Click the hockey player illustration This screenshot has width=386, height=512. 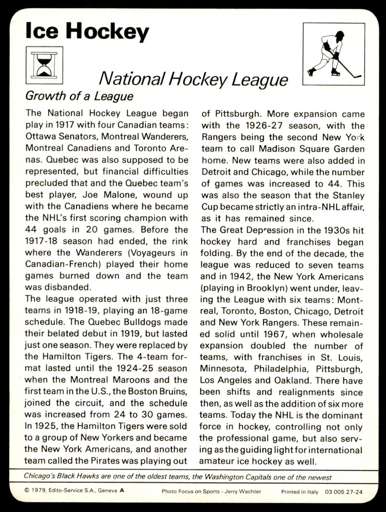pyautogui.click(x=333, y=54)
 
